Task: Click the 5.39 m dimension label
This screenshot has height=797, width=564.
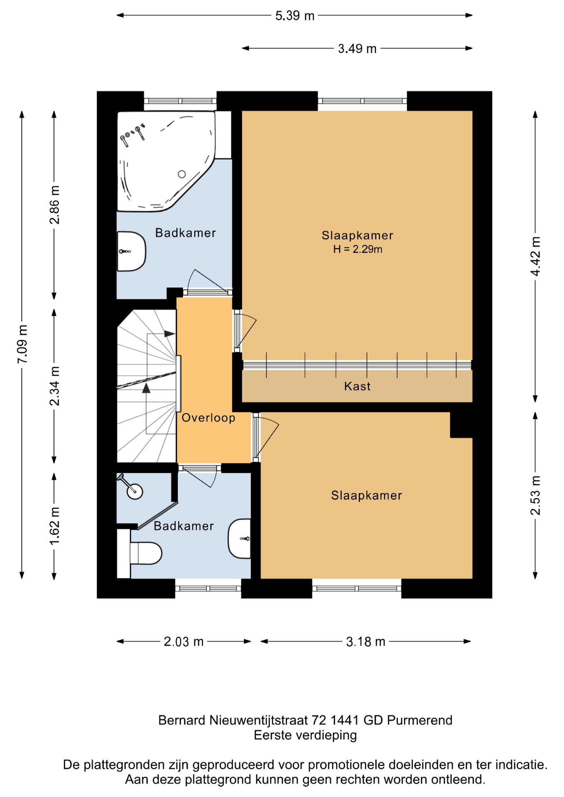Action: (295, 16)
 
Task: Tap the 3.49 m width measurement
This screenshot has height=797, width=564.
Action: (357, 49)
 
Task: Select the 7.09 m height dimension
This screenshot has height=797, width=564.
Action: (22, 344)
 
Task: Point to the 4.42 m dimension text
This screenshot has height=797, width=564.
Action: (535, 256)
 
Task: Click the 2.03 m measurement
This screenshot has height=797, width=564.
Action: (184, 641)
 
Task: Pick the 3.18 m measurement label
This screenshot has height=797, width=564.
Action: (365, 641)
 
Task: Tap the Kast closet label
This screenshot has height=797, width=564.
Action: (357, 386)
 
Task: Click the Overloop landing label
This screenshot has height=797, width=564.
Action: (208, 418)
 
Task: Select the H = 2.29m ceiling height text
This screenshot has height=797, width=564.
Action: (358, 249)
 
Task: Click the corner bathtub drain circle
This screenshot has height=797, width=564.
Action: (182, 174)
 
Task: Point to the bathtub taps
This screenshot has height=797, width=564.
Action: (132, 133)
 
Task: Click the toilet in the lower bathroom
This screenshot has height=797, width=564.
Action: (145, 553)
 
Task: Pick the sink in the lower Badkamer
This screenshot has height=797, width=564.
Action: (240, 538)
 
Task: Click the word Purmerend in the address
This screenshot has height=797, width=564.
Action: (419, 720)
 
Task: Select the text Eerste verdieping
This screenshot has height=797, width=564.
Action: (305, 735)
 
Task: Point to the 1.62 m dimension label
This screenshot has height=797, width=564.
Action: (54, 526)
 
